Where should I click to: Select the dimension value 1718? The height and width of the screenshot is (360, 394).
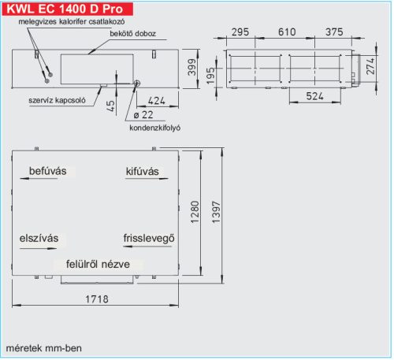pos(99,299)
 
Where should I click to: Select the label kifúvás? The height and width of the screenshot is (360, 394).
pos(143,171)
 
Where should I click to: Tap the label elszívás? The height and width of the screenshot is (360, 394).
pos(40,238)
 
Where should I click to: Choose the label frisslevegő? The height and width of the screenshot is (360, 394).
pos(148,238)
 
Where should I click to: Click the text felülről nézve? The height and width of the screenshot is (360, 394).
pos(98,265)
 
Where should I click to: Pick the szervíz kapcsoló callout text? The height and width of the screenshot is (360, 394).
pos(48,101)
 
